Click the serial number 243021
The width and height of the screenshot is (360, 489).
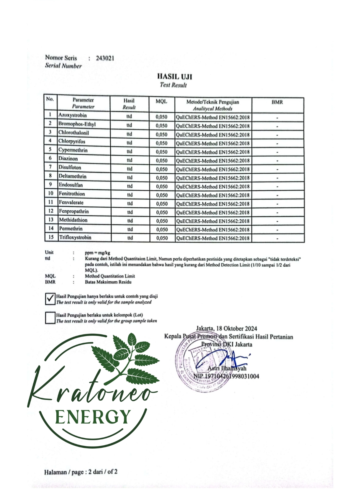click(x=105, y=58)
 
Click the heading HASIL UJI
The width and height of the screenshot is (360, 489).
click(x=174, y=77)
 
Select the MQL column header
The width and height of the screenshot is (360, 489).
click(x=161, y=101)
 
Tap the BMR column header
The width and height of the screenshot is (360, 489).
click(x=277, y=102)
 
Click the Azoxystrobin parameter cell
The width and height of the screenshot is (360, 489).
click(x=73, y=115)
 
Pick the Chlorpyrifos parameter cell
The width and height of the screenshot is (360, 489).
click(x=72, y=141)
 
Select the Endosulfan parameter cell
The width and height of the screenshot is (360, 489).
click(x=71, y=185)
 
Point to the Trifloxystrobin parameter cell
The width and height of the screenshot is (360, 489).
click(x=75, y=237)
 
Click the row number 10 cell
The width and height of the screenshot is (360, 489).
click(x=51, y=193)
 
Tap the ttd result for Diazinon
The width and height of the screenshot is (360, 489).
click(x=130, y=160)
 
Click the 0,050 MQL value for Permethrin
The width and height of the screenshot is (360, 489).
click(x=162, y=229)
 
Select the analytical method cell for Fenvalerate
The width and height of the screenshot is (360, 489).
click(x=213, y=204)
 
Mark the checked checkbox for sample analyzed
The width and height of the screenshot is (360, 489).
click(x=50, y=299)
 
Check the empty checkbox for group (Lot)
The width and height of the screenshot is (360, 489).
click(x=50, y=318)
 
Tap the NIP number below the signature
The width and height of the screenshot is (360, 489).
click(x=226, y=376)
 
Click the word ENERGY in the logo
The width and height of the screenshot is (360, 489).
click(x=92, y=417)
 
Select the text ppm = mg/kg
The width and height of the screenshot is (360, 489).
click(x=97, y=253)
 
